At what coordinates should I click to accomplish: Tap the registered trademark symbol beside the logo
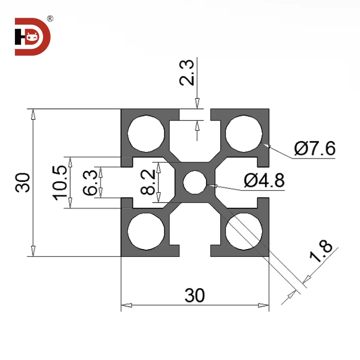point(50,19)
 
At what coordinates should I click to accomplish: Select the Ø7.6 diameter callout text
point(315,149)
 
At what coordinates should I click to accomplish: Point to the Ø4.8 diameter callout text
point(264,180)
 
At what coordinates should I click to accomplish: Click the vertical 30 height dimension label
point(23,182)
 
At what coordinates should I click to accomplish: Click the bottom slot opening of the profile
point(194,251)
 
